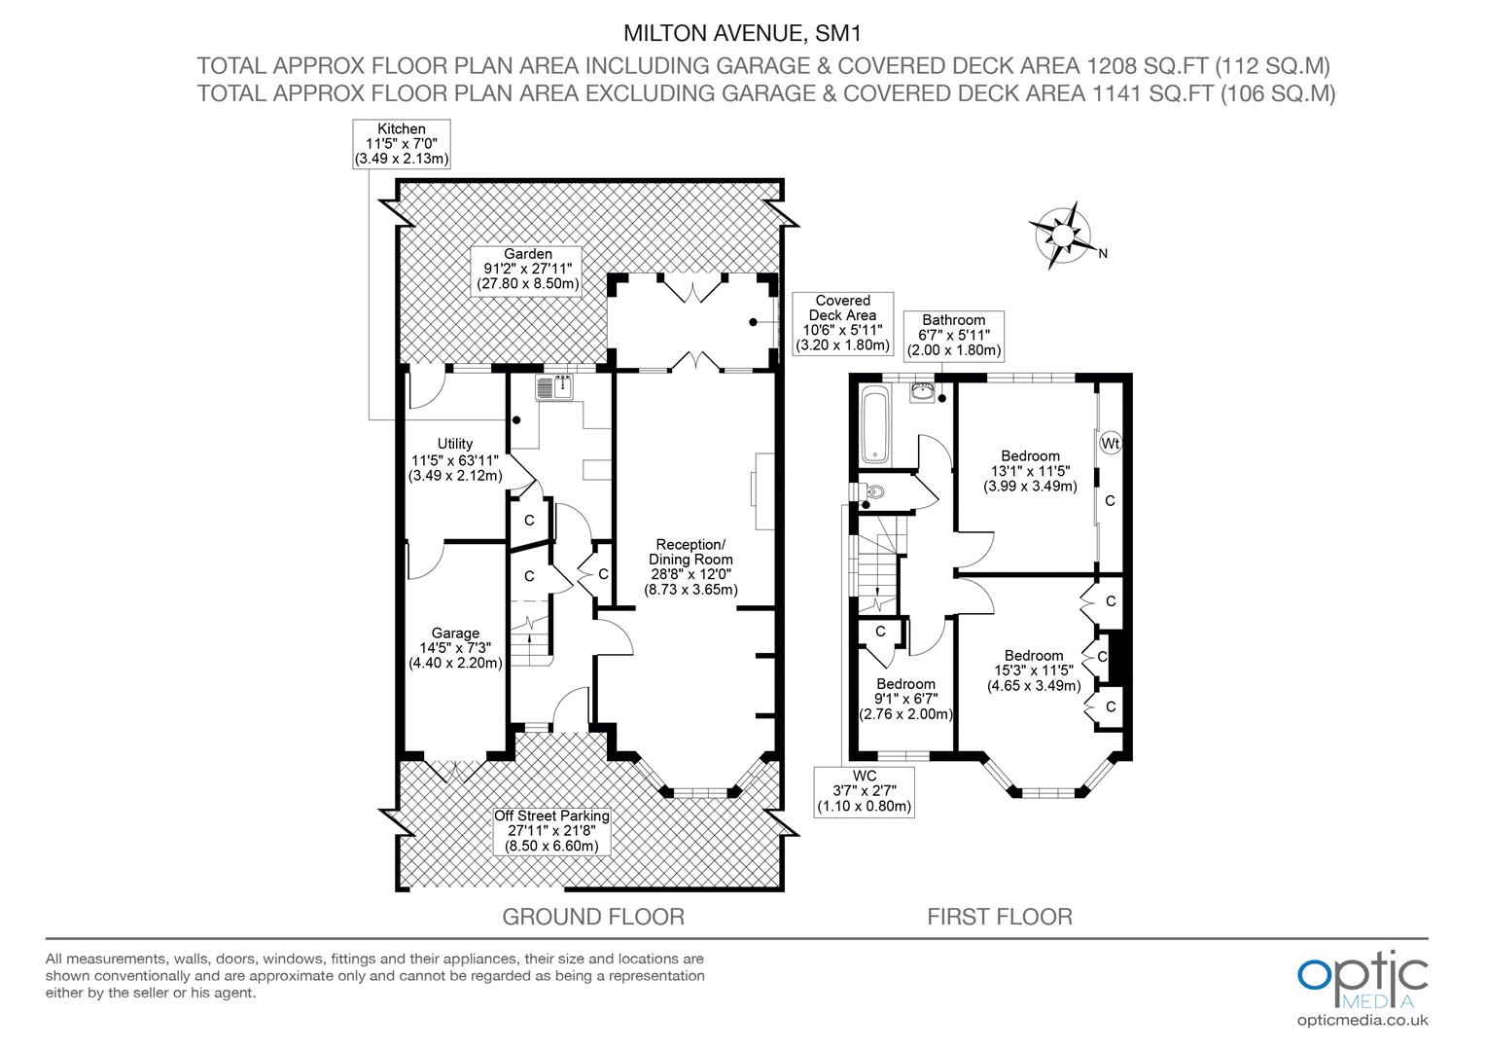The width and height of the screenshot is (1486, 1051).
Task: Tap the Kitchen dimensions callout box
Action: pyautogui.click(x=401, y=144)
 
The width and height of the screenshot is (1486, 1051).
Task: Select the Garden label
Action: pyautogui.click(x=528, y=270)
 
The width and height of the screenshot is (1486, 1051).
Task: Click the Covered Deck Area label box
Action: pyautogui.click(x=842, y=323)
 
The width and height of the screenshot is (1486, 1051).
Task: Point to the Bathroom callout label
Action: pyautogui.click(x=953, y=336)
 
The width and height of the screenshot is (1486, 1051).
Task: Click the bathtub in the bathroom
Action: pyautogui.click(x=876, y=424)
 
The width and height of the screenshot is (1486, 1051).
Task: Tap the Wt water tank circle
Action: pyautogui.click(x=1110, y=444)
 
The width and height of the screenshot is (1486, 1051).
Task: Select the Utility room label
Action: pyautogui.click(x=455, y=459)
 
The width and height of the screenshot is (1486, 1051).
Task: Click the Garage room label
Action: pyautogui.click(x=455, y=648)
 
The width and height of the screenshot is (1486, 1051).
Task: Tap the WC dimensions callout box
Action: pyautogui.click(x=864, y=791)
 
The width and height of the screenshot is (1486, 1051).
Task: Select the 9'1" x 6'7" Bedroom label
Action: pyautogui.click(x=905, y=699)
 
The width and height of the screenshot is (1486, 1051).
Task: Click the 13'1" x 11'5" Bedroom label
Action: pyautogui.click(x=1030, y=471)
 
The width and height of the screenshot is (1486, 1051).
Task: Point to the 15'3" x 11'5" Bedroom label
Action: pyautogui.click(x=1033, y=670)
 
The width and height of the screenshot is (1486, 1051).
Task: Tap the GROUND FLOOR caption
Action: pyautogui.click(x=592, y=917)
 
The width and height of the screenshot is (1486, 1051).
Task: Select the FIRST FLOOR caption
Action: pyautogui.click(x=999, y=917)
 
